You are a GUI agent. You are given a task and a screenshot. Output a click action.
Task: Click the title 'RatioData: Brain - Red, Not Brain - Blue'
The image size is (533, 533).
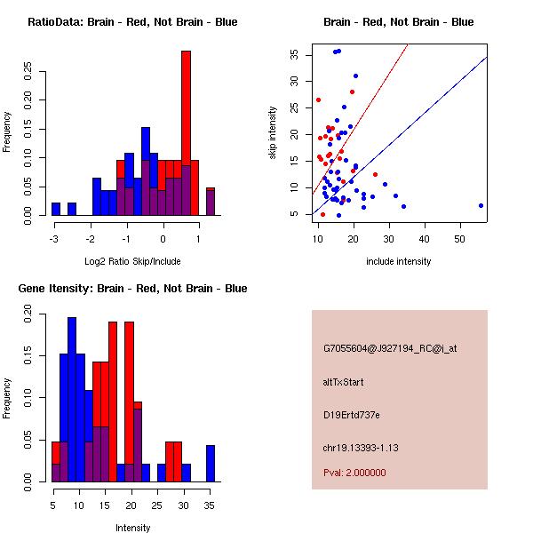coord(132,21)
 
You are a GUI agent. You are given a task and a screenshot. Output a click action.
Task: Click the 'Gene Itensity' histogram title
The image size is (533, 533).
coord(132,288)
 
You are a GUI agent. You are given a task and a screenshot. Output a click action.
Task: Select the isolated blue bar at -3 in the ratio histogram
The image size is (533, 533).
coord(56,209)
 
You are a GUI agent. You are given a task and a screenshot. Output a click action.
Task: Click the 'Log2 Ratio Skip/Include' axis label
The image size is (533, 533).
coord(132,261)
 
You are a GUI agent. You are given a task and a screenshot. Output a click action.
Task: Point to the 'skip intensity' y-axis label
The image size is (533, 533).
coord(274,133)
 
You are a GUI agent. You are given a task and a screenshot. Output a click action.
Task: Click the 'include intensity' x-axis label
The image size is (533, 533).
coord(399,261)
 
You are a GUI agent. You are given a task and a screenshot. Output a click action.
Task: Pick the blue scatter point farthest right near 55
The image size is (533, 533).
coord(481,205)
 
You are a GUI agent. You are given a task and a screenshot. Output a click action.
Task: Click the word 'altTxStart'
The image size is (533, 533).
coord(343,382)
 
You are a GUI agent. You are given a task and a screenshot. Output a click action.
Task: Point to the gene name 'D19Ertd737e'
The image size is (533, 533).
coord(352,415)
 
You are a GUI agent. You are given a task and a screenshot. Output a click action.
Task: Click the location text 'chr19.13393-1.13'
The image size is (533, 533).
coord(361,448)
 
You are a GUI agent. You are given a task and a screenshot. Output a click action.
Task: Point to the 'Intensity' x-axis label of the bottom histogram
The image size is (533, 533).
coord(132,528)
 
